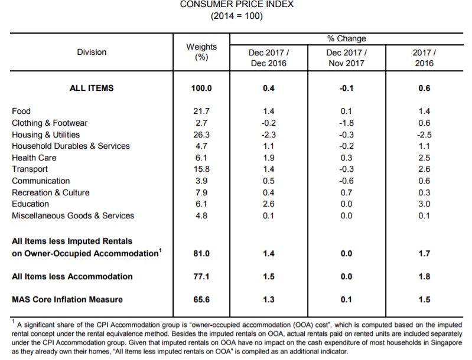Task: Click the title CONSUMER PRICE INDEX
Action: coord(237,4)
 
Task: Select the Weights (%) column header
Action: coord(201,52)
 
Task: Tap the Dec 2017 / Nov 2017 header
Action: coord(347,58)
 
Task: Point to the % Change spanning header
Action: coord(347,38)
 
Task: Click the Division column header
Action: coord(92,52)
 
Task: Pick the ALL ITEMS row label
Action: coord(92,88)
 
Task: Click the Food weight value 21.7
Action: coord(201,112)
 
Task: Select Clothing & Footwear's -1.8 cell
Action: coord(347,123)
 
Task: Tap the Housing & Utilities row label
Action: coord(45,135)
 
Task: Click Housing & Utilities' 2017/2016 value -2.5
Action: coord(424,135)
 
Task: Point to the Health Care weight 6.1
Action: coord(201,158)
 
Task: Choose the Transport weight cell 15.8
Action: coord(201,169)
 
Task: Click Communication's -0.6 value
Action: coord(347,181)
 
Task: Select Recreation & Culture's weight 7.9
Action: coord(201,192)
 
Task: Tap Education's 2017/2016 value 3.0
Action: coord(424,204)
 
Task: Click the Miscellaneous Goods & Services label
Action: coord(73,215)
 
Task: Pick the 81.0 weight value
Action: coord(201,254)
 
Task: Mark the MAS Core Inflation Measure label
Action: coord(67,300)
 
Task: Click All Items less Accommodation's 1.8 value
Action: coord(424,277)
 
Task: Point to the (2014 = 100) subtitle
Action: coord(237,15)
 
